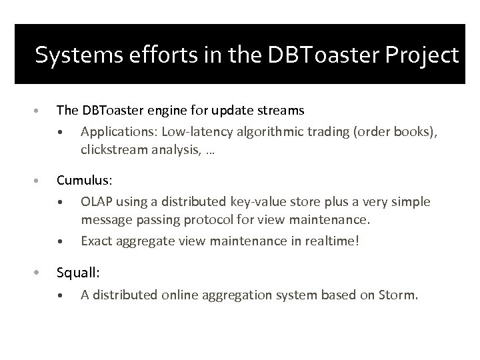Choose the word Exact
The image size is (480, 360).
96,241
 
